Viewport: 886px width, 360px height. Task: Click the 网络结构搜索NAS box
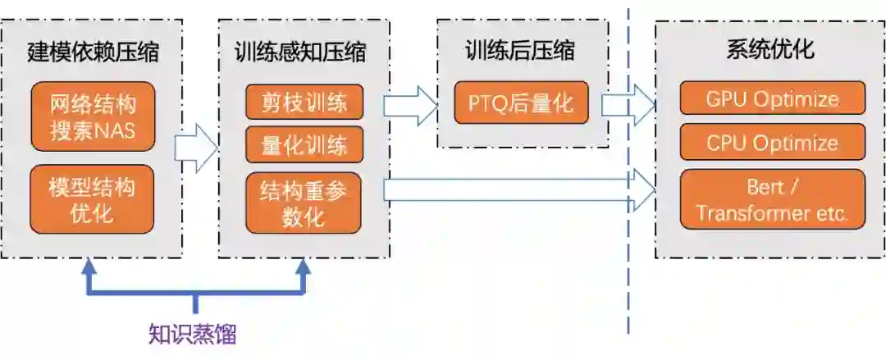pos(92,116)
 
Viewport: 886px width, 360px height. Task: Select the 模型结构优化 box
pos(92,200)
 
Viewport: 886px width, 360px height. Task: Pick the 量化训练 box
pos(304,144)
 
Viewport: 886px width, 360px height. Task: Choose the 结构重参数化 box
pos(304,203)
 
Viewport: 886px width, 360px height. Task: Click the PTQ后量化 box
pos(522,103)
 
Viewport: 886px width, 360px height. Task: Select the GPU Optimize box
pos(772,98)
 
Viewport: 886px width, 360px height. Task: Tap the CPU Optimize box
pos(772,142)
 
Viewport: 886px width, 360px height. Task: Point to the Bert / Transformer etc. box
pos(772,200)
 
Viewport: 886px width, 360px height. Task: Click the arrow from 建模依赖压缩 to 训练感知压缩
pos(195,148)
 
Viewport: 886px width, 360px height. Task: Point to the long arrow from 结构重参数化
pos(517,189)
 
